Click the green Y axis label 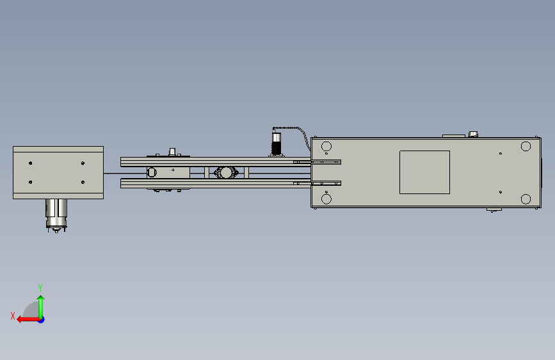(x=40, y=288)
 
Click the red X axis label (x=13, y=316)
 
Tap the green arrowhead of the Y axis (x=41, y=299)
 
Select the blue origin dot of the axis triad (x=42, y=320)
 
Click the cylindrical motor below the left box (x=56, y=215)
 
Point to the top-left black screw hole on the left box (x=31, y=163)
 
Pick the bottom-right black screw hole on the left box (x=83, y=182)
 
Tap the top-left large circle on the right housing (x=326, y=146)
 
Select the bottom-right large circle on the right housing (x=526, y=199)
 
